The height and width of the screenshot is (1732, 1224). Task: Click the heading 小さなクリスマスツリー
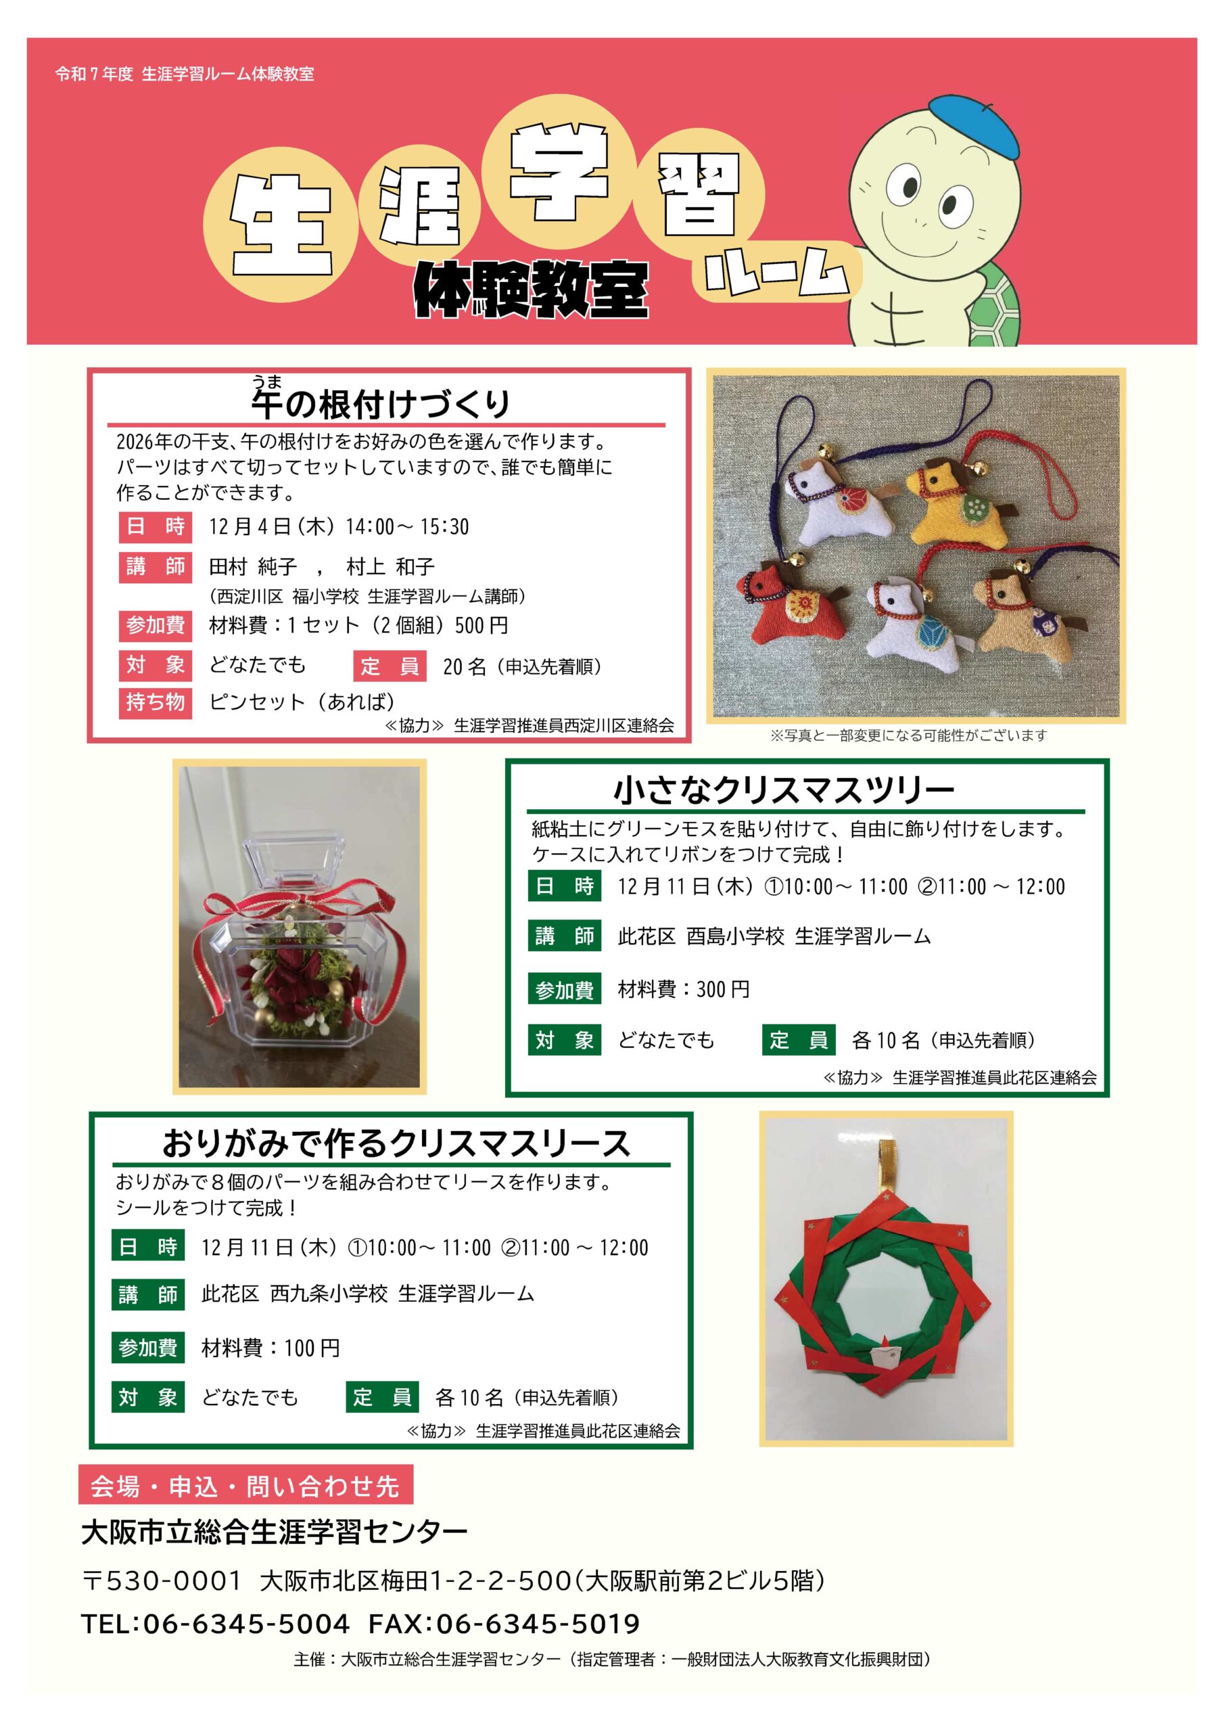(x=784, y=792)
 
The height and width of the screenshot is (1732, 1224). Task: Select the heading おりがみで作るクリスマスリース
(x=396, y=1143)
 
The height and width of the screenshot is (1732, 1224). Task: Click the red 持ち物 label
(x=156, y=702)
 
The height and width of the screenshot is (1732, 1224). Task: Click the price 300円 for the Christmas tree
(x=723, y=989)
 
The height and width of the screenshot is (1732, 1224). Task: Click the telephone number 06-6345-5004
(x=247, y=1623)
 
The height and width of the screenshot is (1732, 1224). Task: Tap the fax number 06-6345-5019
(x=538, y=1623)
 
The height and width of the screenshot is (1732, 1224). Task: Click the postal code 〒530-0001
(x=162, y=1580)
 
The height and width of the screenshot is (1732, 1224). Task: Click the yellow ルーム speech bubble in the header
(x=777, y=271)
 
